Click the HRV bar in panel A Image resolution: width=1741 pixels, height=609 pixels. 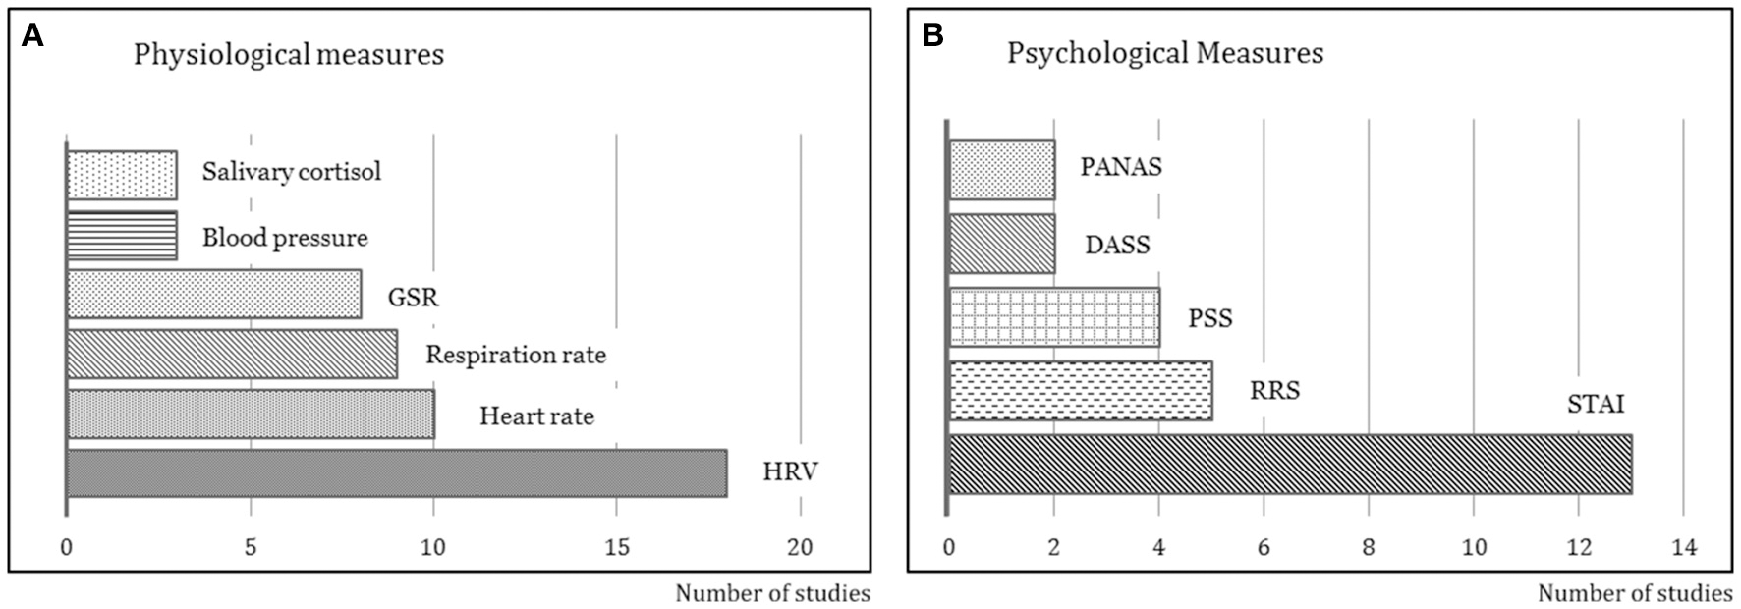[x=397, y=472]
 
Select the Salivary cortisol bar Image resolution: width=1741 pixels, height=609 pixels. [x=122, y=175]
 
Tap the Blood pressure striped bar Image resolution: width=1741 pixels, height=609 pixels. [x=122, y=236]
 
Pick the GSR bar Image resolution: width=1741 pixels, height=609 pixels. [x=214, y=294]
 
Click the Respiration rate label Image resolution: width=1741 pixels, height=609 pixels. [x=515, y=355]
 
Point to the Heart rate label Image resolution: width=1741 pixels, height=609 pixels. [x=536, y=416]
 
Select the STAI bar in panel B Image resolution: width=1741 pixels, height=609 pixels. [x=1290, y=464]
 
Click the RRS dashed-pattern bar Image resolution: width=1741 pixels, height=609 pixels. [x=1081, y=391]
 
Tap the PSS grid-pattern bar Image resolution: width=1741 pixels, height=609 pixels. [x=1054, y=317]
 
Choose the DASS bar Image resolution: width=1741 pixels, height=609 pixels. [x=1002, y=244]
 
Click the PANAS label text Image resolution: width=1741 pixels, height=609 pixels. [x=1121, y=167]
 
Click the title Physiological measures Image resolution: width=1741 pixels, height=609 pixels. [x=289, y=54]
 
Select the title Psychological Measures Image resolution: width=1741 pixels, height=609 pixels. [x=1164, y=53]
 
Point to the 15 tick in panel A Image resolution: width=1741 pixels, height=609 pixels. [x=617, y=547]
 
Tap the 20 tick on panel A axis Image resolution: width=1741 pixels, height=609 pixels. [x=801, y=547]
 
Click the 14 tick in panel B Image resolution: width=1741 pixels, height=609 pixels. [x=1683, y=547]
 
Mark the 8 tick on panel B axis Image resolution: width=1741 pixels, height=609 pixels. [x=1369, y=547]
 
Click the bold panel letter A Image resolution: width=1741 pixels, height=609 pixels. [x=33, y=37]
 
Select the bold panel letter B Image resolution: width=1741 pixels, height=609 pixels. [x=932, y=37]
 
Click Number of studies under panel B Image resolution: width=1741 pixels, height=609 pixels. [x=1634, y=593]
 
